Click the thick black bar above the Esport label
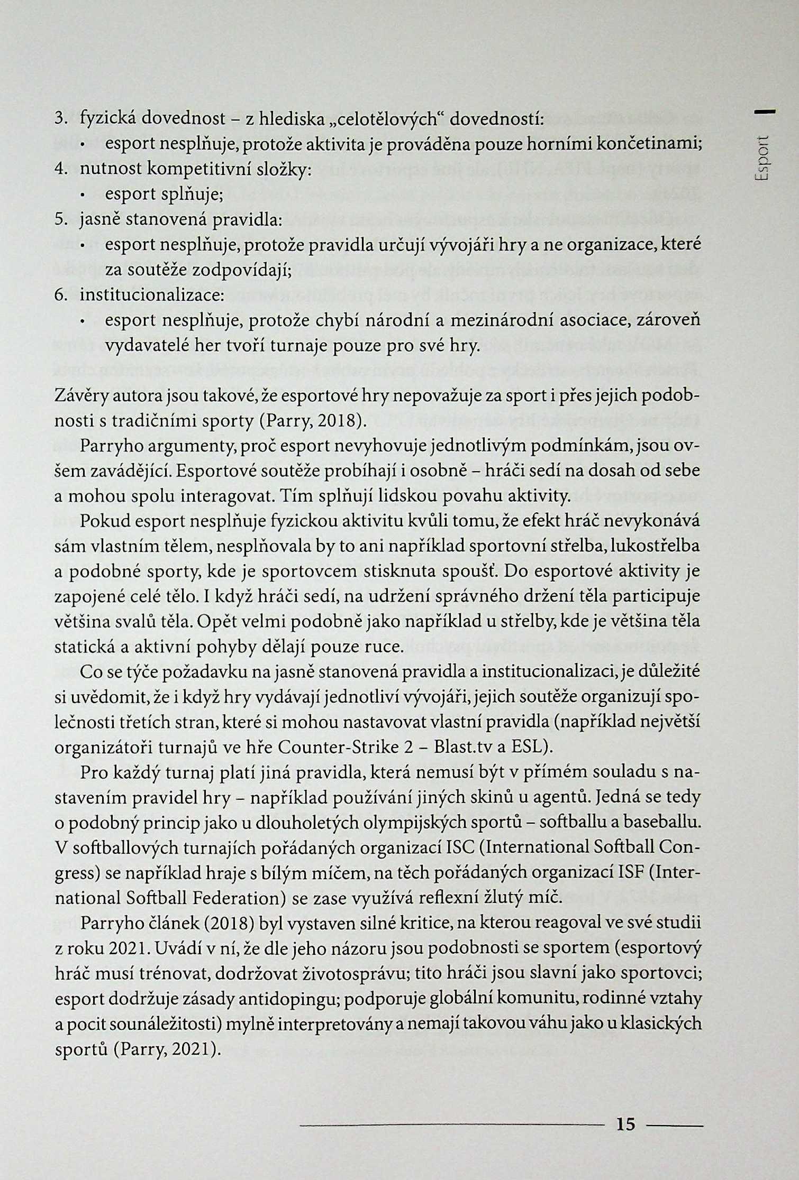(x=766, y=111)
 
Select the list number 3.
(x=61, y=119)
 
